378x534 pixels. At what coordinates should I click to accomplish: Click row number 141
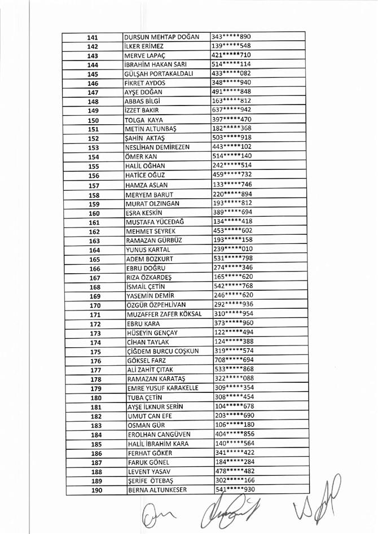(x=93, y=37)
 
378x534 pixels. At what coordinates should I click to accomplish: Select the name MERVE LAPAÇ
(x=143, y=56)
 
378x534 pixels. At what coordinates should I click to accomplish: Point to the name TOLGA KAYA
(x=144, y=120)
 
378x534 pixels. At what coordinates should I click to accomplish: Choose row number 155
(x=94, y=167)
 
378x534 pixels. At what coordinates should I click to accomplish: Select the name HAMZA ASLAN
(x=146, y=185)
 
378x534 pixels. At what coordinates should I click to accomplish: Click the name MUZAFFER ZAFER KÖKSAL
(x=164, y=314)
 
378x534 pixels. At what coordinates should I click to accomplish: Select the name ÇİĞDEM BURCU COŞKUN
(x=163, y=351)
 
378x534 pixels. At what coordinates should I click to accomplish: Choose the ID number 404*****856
(x=235, y=434)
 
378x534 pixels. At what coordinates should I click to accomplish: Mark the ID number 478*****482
(x=235, y=471)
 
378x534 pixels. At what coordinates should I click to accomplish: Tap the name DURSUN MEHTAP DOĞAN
(x=161, y=37)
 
